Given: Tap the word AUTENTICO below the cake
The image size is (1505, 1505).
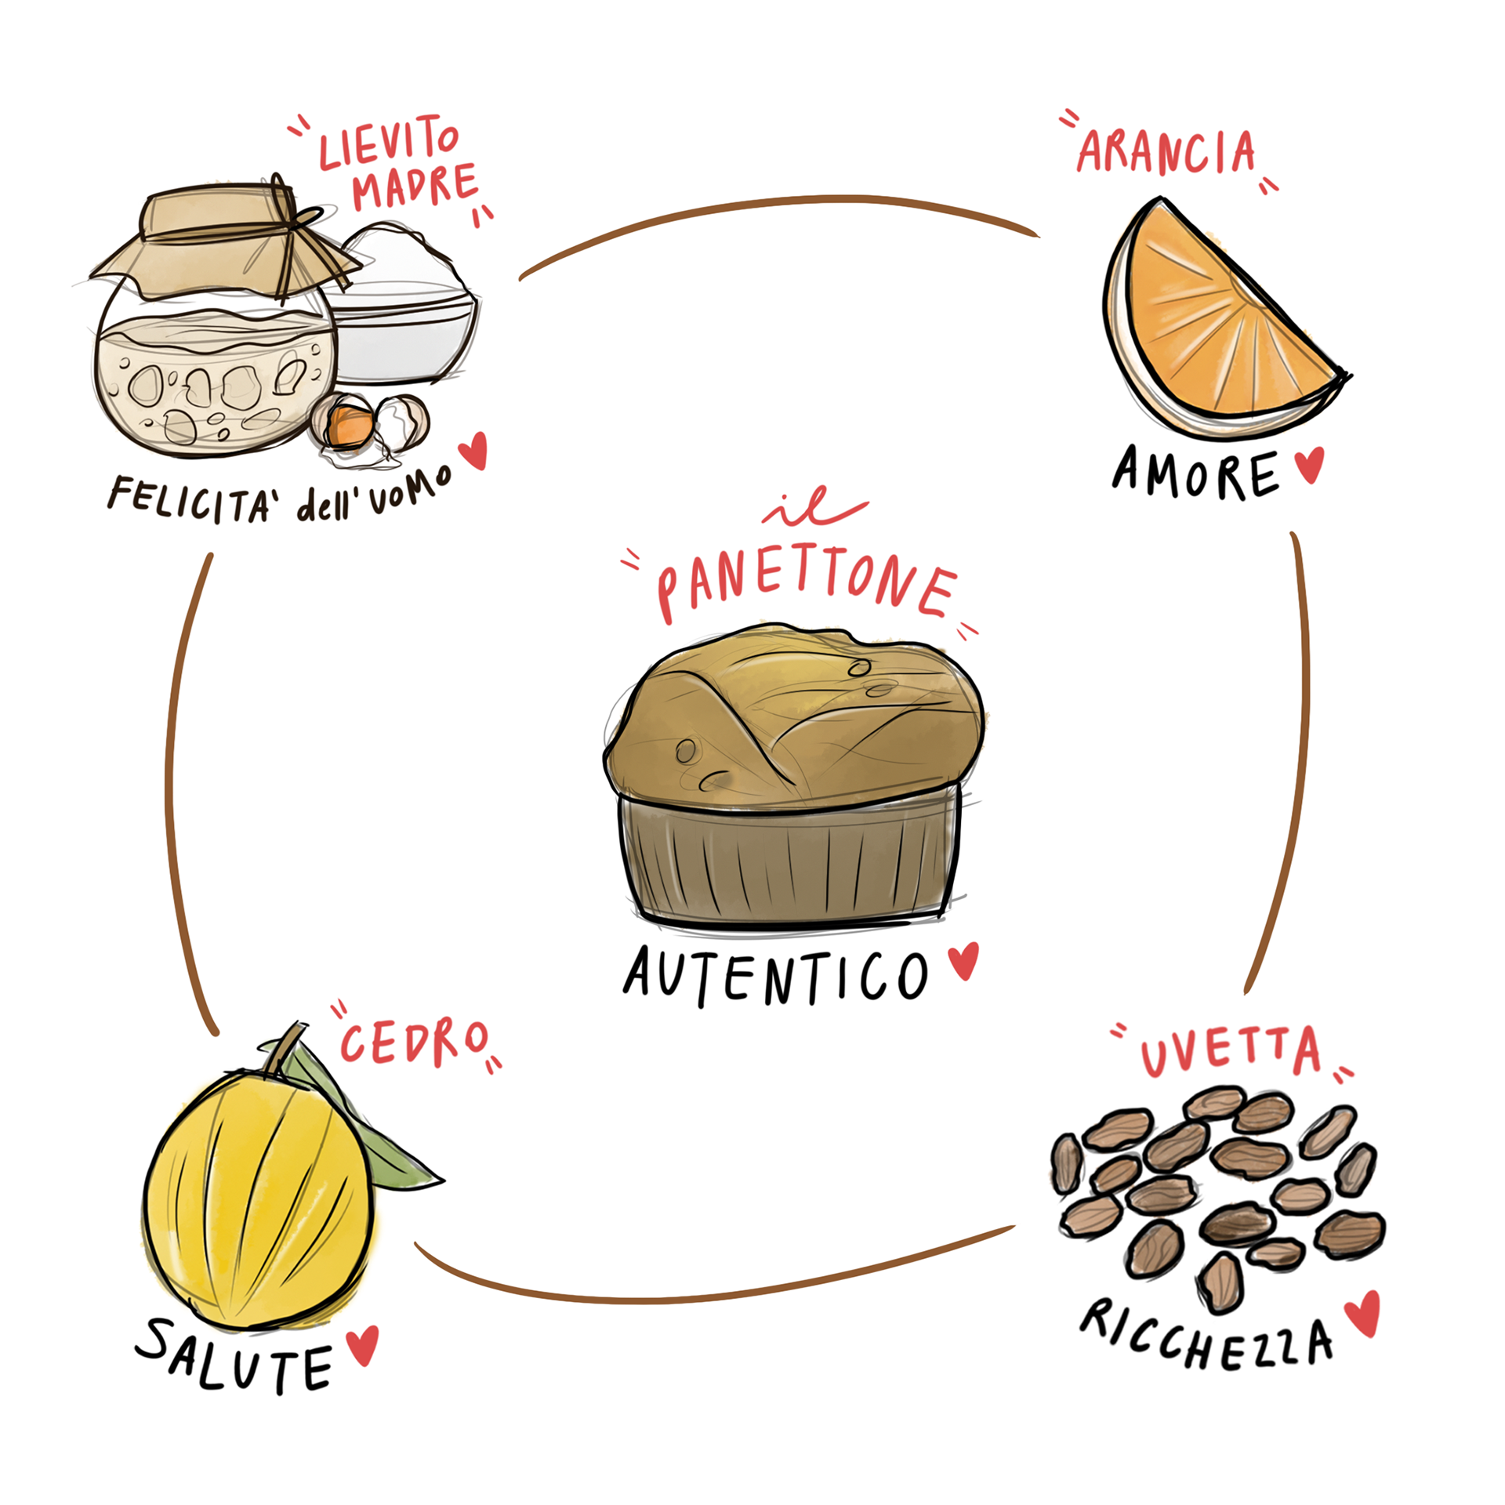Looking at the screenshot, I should point(774,976).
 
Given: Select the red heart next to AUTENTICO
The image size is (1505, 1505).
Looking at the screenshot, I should point(963,959).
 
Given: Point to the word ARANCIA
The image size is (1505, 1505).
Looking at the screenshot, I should point(1166,152).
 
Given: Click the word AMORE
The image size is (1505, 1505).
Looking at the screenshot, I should point(1195,474).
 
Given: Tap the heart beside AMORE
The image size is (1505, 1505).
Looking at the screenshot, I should point(1309,464).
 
